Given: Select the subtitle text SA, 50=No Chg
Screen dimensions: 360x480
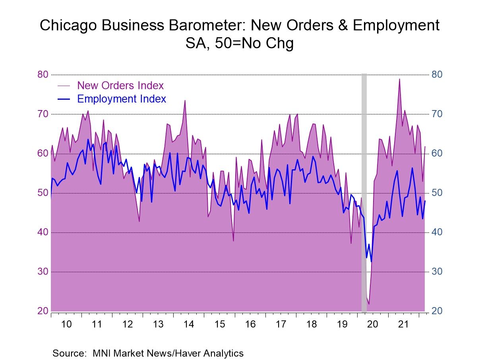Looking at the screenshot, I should tap(240, 43).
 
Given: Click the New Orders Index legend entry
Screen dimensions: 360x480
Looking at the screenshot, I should tap(120, 85).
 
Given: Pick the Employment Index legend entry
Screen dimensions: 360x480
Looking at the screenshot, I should tap(121, 99).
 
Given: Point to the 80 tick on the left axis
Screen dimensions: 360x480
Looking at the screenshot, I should tap(43, 75).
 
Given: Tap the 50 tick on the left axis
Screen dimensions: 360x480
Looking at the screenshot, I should tap(43, 193).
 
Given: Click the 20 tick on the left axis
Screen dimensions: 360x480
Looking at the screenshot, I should tap(43, 311).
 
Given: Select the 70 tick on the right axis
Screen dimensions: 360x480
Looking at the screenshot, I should tap(437, 114).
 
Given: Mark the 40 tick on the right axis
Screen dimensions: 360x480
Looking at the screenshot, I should tap(437, 232).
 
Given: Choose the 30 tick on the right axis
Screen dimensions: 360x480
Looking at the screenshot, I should tap(437, 272).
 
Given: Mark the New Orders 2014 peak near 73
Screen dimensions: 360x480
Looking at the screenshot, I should tap(185, 101).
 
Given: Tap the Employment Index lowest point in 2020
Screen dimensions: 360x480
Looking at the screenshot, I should tap(371, 261).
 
